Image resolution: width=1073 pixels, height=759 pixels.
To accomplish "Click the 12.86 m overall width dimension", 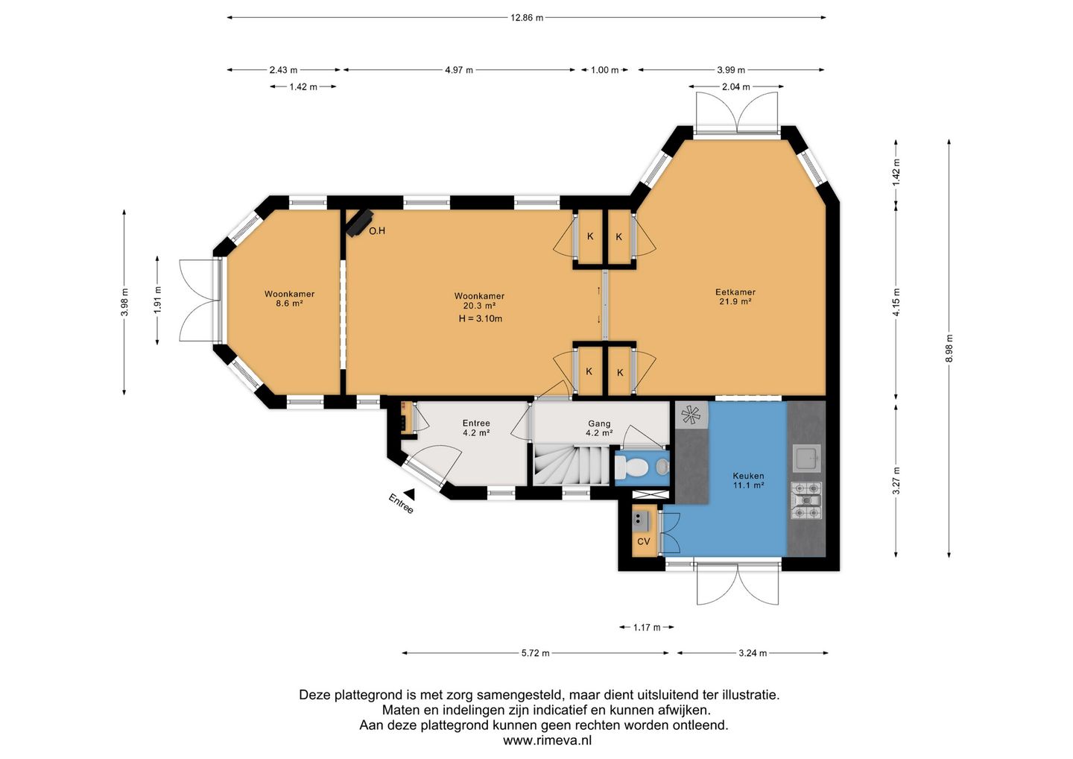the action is coord(526,18).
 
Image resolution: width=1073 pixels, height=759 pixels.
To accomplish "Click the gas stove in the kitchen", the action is coord(807,501).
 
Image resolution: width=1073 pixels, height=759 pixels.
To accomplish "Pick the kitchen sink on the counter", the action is coord(807,458).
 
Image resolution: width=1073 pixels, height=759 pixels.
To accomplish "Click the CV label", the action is coord(643,541).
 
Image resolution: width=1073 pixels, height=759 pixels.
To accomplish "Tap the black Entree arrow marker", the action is coord(409,494).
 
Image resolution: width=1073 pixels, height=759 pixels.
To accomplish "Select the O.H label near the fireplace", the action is coord(377,231).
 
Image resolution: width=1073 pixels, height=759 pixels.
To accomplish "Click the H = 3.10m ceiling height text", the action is coord(481,318).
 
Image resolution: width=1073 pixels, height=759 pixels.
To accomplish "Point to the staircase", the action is coord(572,464).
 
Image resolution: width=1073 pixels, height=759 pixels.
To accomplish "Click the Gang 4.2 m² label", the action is coord(599,428).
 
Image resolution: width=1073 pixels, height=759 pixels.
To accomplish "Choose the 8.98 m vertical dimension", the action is coord(949,348).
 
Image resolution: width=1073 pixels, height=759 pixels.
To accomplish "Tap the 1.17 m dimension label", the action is coord(647,627).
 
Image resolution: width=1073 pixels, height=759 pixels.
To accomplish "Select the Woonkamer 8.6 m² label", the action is coord(289,298).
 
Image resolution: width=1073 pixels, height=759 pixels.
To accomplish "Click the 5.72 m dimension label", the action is coord(535,652).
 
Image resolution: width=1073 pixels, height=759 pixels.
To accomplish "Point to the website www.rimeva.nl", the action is coord(547,740).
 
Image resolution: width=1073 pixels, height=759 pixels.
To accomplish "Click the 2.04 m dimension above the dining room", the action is coord(735,86).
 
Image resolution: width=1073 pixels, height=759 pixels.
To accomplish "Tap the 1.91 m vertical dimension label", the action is coord(158,300).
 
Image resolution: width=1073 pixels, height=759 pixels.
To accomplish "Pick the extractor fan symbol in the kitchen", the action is coord(691,415).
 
